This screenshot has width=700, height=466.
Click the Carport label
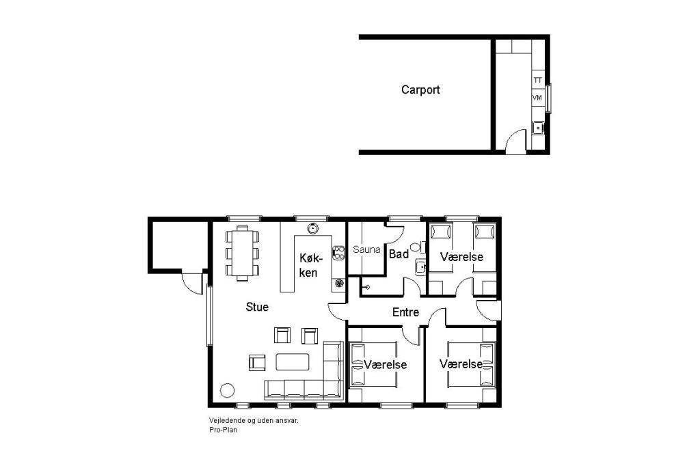(x=420, y=90)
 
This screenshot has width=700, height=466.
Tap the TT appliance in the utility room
(x=538, y=81)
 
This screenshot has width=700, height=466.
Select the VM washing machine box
(x=537, y=97)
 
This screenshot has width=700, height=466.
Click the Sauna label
(x=366, y=249)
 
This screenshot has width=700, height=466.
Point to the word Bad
(x=399, y=254)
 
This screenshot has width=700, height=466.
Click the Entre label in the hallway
(x=405, y=312)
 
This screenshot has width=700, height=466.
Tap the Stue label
(x=257, y=307)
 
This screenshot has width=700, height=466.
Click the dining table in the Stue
(x=243, y=253)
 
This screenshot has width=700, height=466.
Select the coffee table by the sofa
(x=293, y=361)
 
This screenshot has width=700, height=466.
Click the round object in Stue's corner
(x=227, y=390)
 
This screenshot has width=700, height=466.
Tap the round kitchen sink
(x=313, y=229)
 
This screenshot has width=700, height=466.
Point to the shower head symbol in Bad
(x=366, y=287)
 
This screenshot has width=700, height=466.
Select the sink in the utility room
(x=538, y=128)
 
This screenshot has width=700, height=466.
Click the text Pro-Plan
(x=224, y=430)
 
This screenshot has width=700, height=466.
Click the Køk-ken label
(x=308, y=265)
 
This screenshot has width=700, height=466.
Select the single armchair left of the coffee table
(x=257, y=362)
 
